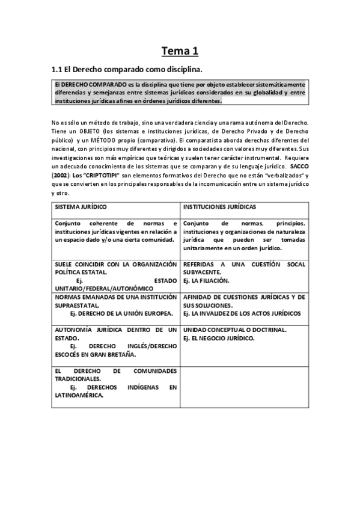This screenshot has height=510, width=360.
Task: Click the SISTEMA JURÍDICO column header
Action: coord(81,207)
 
